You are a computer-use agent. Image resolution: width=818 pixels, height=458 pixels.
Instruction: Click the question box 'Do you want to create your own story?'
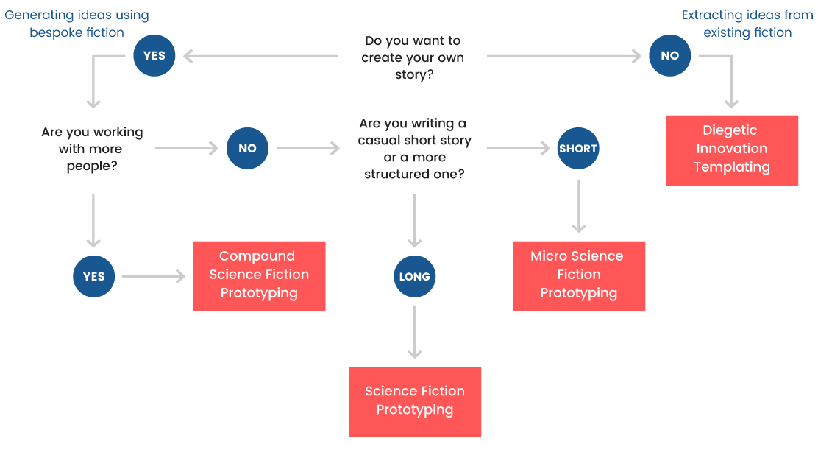coord(413,57)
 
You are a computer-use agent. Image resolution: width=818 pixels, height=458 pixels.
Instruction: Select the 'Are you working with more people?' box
coord(93,149)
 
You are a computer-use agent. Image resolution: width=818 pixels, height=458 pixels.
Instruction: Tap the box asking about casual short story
coord(413,149)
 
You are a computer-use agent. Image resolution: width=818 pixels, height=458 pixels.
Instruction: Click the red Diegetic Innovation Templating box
coord(732,149)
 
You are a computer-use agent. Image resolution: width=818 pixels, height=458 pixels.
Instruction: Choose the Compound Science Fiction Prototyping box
coord(259,275)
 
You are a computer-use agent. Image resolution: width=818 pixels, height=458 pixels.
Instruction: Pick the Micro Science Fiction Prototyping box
coord(579,275)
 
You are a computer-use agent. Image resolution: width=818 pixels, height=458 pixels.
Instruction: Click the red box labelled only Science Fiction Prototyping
coord(415,401)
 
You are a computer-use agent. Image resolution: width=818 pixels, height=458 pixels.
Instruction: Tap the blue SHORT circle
coord(578,149)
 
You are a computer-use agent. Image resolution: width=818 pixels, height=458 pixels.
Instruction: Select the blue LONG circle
coord(415,277)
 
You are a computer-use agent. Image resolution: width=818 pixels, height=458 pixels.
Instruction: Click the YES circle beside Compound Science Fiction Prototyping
coord(94,277)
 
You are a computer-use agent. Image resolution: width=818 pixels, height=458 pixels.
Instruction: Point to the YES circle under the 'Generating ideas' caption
coord(154,56)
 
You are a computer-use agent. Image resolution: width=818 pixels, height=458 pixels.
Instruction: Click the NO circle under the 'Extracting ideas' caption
coord(670,56)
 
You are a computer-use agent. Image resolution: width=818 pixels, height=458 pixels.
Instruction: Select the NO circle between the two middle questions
coord(247,149)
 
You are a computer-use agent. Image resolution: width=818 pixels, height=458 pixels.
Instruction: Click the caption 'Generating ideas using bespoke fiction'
coord(77,24)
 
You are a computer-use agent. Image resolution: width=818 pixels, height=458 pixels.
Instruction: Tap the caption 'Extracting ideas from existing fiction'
coord(747,24)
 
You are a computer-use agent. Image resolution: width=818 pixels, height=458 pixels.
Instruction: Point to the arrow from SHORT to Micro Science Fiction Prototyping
coord(579,205)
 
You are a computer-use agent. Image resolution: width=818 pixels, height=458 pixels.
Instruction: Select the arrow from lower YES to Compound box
coord(153,277)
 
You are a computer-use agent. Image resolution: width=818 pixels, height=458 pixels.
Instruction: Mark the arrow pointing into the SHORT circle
coord(518,149)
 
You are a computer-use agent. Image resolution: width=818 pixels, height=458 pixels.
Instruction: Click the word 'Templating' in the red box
coord(732,167)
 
